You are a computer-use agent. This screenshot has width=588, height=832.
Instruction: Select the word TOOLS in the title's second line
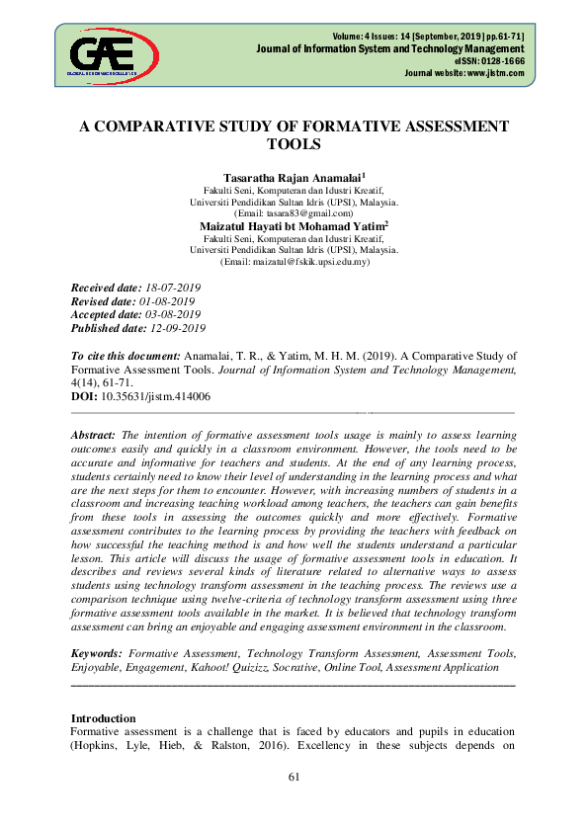pos(294,144)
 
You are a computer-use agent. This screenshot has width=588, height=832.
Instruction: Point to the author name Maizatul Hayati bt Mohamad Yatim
pos(292,225)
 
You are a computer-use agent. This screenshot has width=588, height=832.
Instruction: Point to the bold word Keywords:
pos(97,654)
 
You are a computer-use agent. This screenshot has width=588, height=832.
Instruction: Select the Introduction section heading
pos(104,717)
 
